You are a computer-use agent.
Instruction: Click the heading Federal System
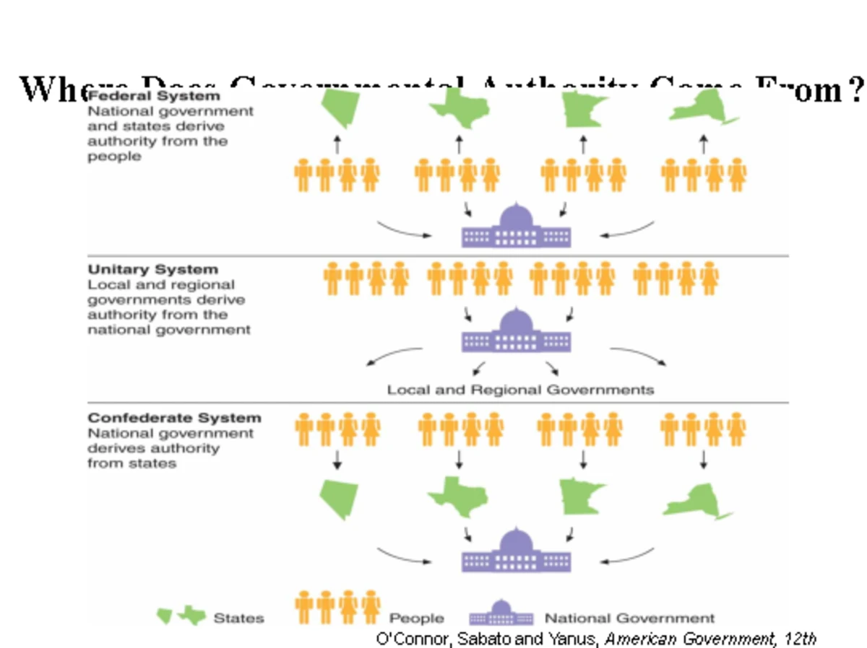pyautogui.click(x=153, y=96)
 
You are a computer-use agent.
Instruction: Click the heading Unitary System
pyautogui.click(x=152, y=269)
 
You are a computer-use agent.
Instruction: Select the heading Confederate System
pyautogui.click(x=174, y=418)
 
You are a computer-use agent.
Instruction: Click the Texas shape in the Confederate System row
pyautogui.click(x=458, y=496)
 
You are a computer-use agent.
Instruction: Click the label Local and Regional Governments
pyautogui.click(x=520, y=390)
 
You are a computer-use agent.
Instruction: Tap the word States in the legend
pyautogui.click(x=238, y=618)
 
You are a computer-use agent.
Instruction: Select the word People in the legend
pyautogui.click(x=416, y=618)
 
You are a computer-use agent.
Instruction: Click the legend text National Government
pyautogui.click(x=629, y=618)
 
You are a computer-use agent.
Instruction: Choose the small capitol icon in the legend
pyautogui.click(x=501, y=614)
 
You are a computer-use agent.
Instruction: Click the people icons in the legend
pyautogui.click(x=337, y=608)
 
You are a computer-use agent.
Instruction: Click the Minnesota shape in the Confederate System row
pyautogui.click(x=582, y=496)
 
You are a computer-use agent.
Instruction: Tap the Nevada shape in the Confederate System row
pyautogui.click(x=338, y=499)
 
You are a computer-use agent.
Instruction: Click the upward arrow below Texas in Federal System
pyautogui.click(x=460, y=143)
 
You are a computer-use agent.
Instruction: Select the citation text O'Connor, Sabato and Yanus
pyautogui.click(x=488, y=639)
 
